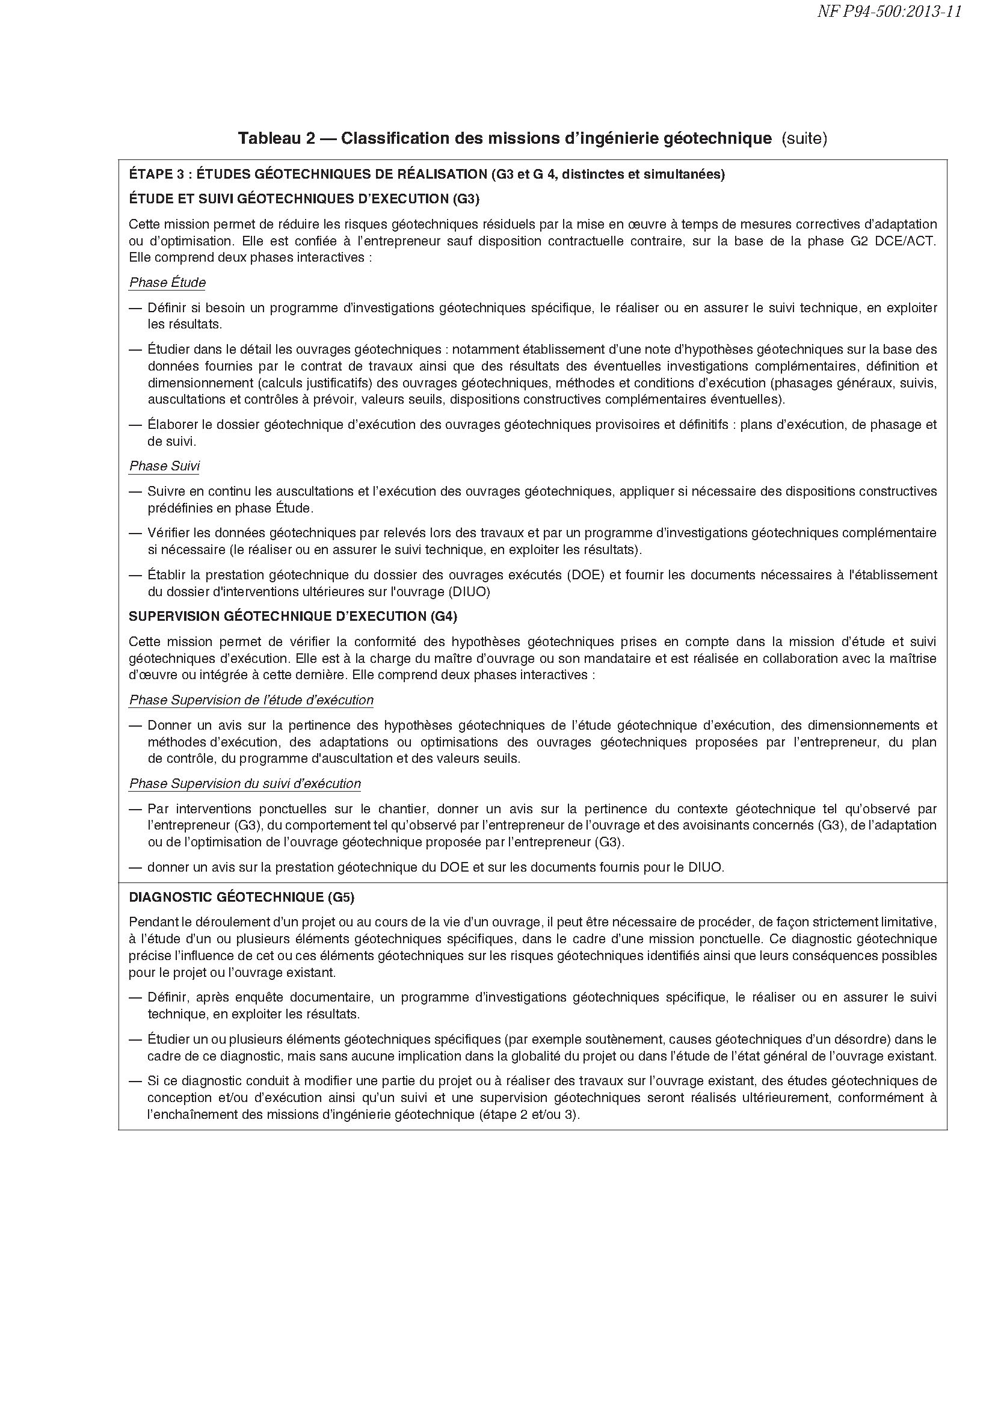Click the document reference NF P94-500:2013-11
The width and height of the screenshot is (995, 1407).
coord(889,12)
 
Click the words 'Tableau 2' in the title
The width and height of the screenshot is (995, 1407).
coord(276,138)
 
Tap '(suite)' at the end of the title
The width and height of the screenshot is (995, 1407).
coord(804,138)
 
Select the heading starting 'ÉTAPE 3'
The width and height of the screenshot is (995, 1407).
coord(427,174)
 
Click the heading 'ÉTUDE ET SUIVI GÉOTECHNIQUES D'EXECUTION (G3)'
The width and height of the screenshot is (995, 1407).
coord(304,199)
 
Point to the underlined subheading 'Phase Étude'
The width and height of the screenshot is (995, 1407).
coord(167,283)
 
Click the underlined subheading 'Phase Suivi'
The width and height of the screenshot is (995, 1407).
coord(164,466)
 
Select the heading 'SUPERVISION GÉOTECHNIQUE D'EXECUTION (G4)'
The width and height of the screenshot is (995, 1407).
coord(293,617)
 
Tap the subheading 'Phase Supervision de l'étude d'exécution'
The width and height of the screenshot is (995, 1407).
coord(251,700)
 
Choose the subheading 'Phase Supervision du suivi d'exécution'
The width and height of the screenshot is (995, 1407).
coord(245,783)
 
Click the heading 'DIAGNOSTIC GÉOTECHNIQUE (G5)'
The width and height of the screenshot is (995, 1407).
coord(241,897)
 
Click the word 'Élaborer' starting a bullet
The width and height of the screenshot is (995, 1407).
coord(170,424)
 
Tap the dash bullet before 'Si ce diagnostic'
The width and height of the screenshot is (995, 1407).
coord(135,1081)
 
